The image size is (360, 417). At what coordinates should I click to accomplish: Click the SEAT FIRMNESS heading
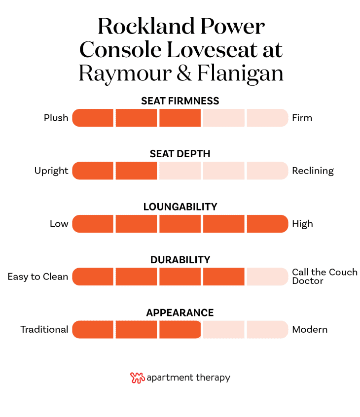(180, 101)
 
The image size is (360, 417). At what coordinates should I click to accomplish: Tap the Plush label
(56, 118)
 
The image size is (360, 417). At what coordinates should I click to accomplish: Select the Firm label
(302, 118)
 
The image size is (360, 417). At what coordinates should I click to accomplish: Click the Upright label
(51, 171)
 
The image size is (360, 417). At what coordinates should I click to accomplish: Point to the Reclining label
(313, 171)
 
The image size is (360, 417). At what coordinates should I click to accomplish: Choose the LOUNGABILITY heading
(180, 207)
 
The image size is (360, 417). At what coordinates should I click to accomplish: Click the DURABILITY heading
(180, 260)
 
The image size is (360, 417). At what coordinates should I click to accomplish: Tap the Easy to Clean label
(38, 277)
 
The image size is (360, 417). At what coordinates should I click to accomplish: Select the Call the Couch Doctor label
(324, 277)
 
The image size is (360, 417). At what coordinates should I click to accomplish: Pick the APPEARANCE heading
(180, 313)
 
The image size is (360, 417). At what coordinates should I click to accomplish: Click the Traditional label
(44, 329)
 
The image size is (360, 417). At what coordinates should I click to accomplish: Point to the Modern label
(310, 329)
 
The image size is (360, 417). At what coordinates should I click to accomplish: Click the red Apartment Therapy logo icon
(137, 378)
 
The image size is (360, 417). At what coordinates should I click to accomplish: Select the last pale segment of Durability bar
(267, 277)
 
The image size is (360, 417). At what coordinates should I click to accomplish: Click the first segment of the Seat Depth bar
(93, 171)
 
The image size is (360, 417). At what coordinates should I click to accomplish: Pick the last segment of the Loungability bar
(267, 224)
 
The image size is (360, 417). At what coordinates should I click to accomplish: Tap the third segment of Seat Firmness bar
(180, 118)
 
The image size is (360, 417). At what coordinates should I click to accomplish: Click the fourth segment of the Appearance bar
(223, 329)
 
